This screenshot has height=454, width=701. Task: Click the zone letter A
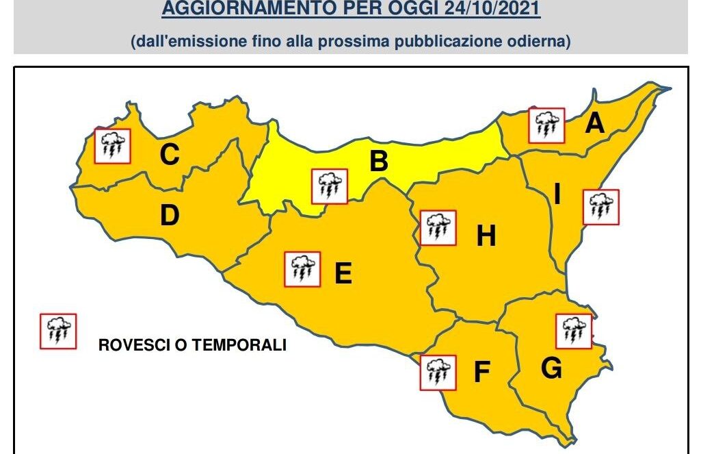595,124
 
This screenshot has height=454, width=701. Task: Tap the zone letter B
379,162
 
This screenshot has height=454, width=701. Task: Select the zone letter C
170,155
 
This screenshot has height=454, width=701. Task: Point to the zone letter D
170,216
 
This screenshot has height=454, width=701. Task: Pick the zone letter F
482,373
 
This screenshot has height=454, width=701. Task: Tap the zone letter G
551,369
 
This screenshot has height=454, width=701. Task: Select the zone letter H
486,236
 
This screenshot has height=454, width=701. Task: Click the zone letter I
557,195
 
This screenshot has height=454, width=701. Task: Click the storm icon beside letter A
546,125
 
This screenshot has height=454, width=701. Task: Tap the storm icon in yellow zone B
329,186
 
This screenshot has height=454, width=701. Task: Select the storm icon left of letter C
112,145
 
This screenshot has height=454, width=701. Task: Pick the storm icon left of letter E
302,269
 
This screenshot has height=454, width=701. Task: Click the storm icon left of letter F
437,373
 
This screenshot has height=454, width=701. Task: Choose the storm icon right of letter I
600,207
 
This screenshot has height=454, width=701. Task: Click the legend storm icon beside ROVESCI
58,331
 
